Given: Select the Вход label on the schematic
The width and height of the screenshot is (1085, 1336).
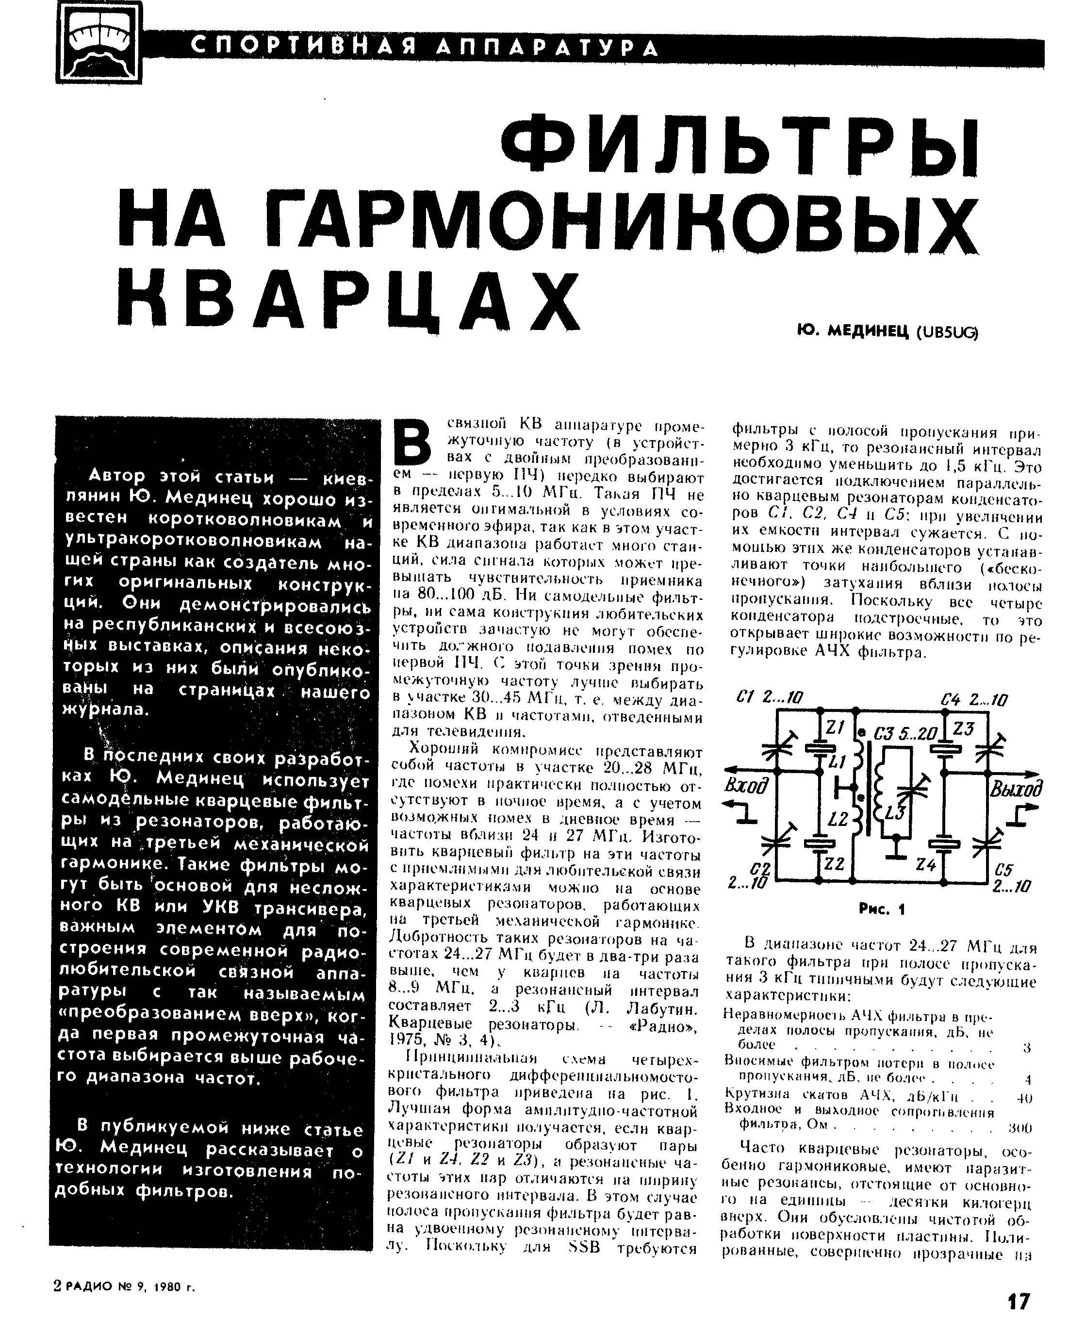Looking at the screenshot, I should tap(746, 786).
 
